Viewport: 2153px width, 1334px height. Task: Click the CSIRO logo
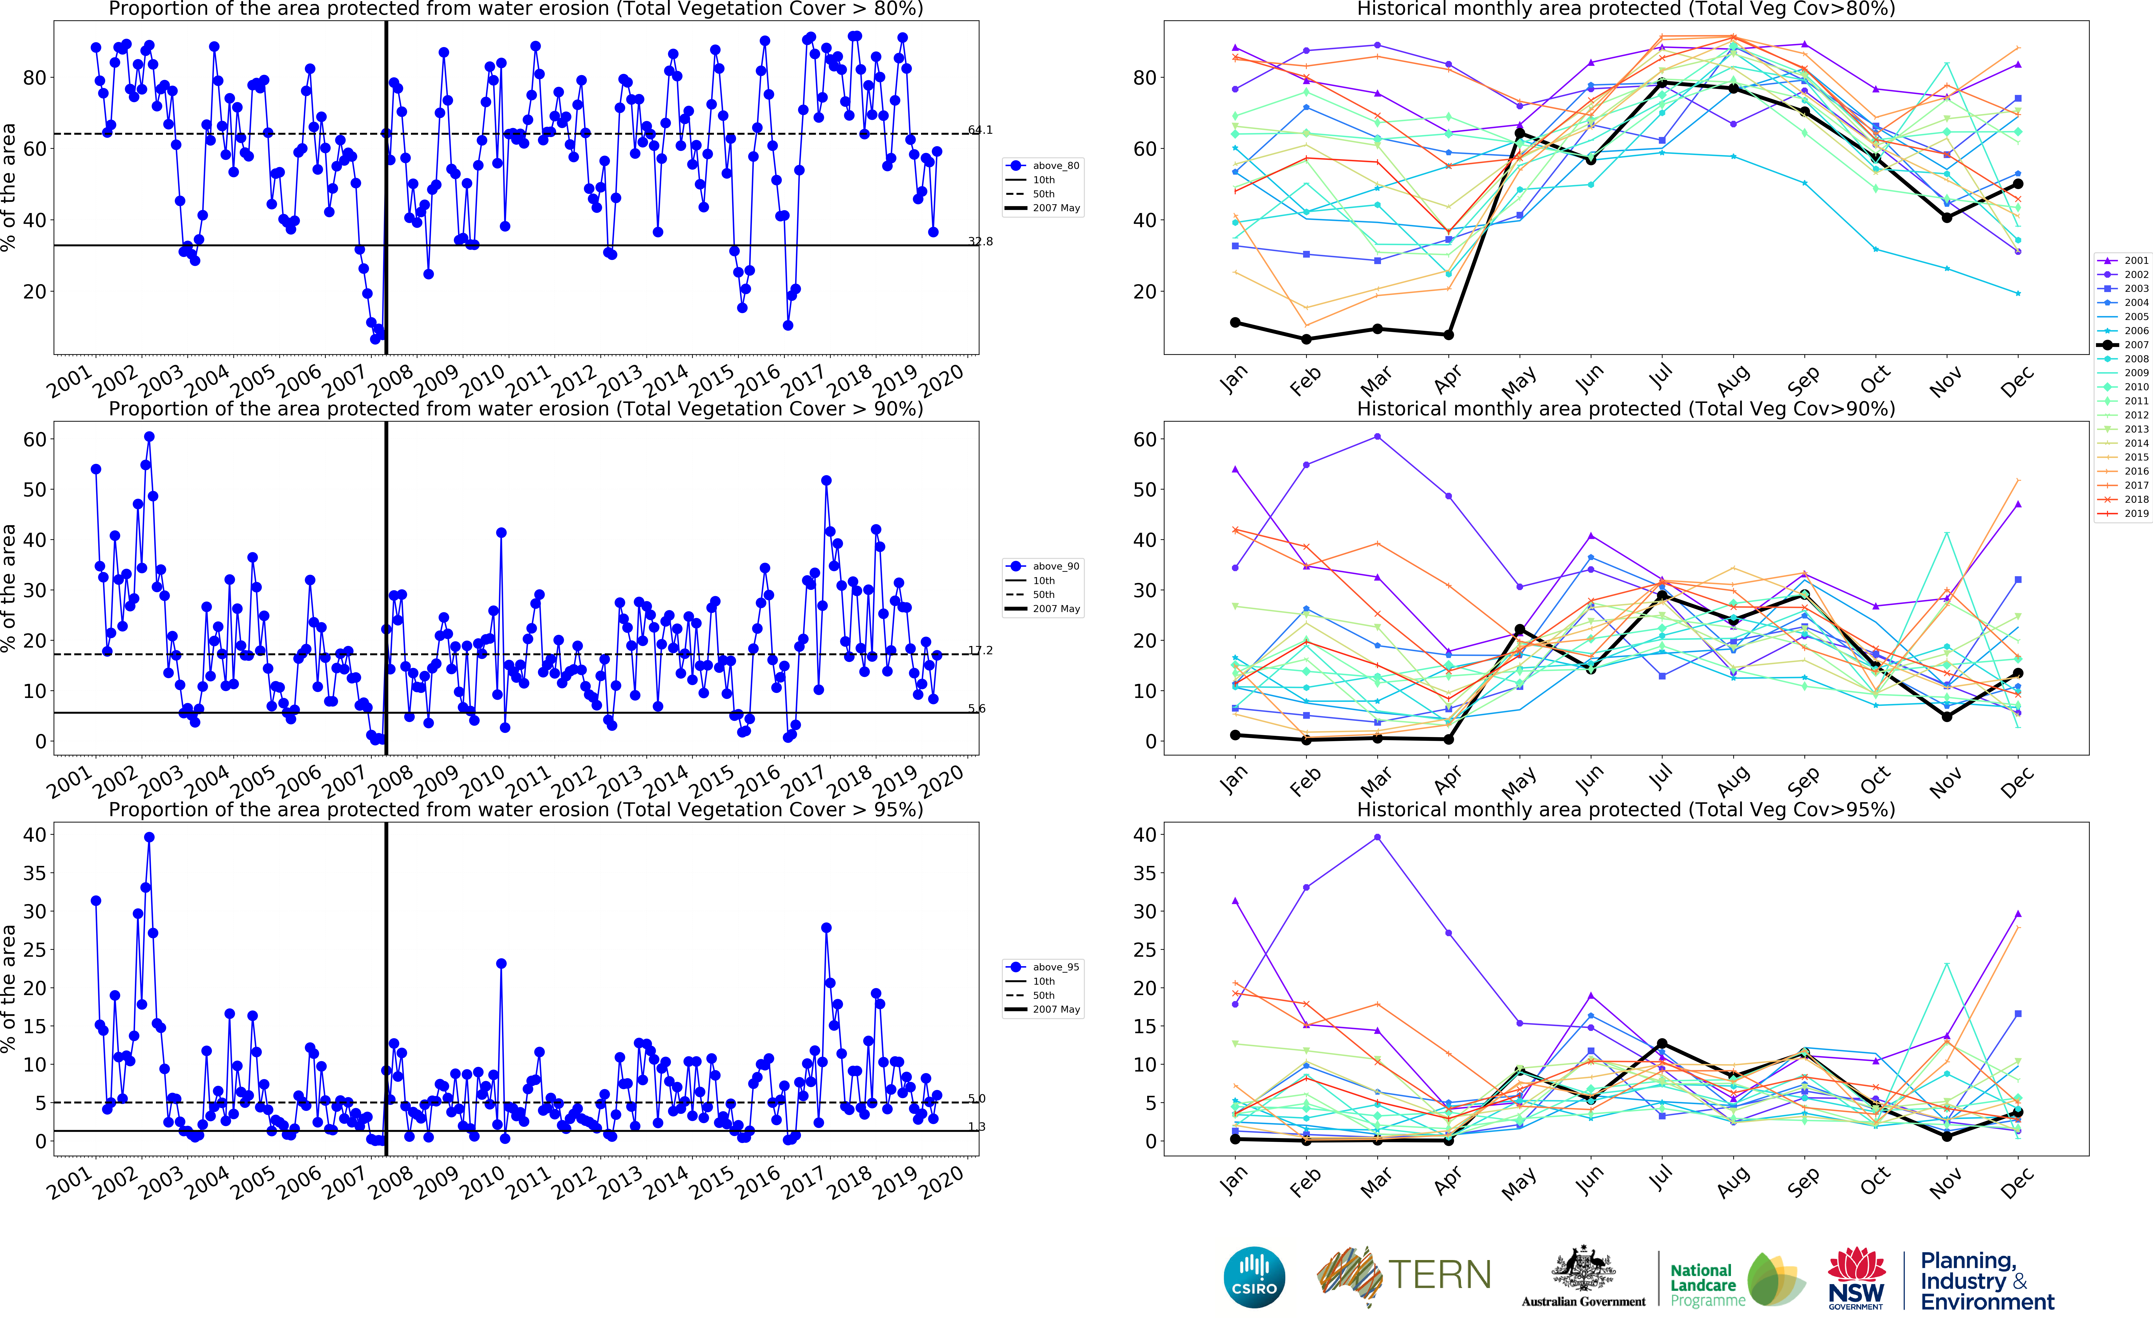(1254, 1277)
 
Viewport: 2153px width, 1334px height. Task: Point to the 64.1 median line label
(980, 130)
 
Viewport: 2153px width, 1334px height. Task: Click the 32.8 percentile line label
(980, 241)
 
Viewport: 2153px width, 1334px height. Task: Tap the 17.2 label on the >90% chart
(980, 650)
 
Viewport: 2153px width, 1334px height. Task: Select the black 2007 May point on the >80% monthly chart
(1519, 134)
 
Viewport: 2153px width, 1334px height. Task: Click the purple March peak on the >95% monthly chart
(1377, 837)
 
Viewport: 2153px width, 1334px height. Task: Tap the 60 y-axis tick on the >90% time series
(34, 439)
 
